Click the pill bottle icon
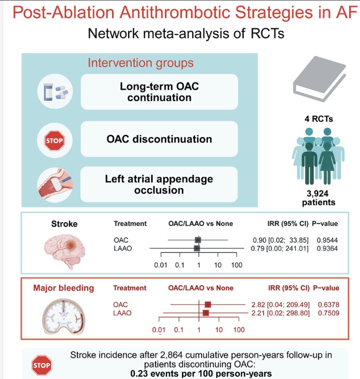(x=48, y=92)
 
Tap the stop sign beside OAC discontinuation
(x=55, y=141)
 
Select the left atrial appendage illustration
(x=55, y=185)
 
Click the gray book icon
(x=319, y=79)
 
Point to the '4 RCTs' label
(x=319, y=119)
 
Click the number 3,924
(x=318, y=193)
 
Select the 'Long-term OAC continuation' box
(x=159, y=92)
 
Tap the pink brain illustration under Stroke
(x=65, y=251)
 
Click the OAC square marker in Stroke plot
(x=198, y=240)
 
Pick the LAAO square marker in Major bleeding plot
(x=206, y=313)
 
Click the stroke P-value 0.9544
(x=327, y=240)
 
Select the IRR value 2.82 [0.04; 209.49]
(x=281, y=305)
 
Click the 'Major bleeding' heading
(x=64, y=288)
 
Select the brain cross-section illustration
(x=64, y=317)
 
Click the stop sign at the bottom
(x=42, y=365)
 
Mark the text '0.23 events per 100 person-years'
(x=201, y=374)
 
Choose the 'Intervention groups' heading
(x=141, y=63)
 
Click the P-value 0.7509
(x=328, y=313)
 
